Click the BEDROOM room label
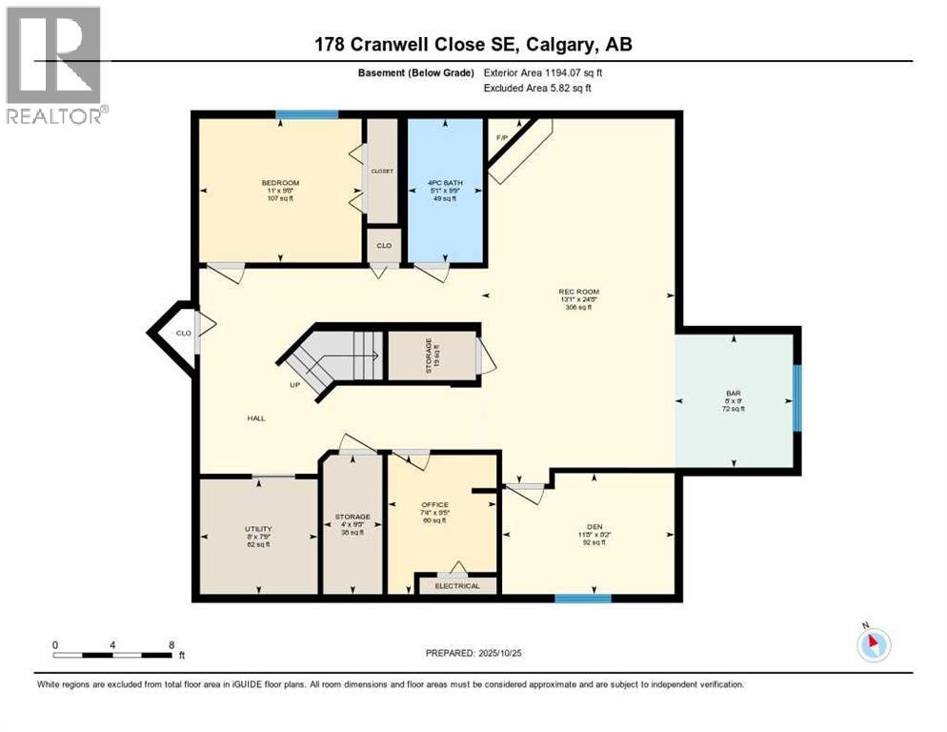pos(280,183)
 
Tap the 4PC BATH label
pos(445,183)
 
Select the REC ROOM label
pos(579,292)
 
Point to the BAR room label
pos(734,391)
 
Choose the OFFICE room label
pos(434,504)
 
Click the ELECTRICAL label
pos(458,585)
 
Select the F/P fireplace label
pos(501,137)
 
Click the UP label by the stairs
pos(296,385)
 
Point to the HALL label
pos(255,417)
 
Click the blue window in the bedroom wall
pos(307,115)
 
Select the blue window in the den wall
pos(582,599)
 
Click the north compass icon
pos(873,645)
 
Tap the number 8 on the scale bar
pos(171,644)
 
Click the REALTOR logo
pos(54,65)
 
